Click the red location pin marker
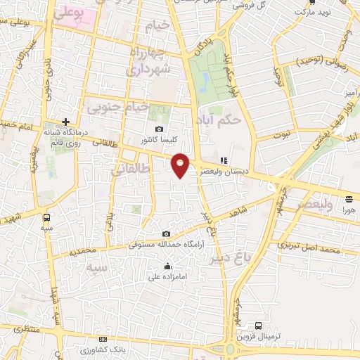(x=181, y=165)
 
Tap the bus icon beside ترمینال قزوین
(x=259, y=326)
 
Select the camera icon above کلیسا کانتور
(x=160, y=129)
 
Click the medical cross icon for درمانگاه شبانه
(x=65, y=122)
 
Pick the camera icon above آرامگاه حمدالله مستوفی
(x=166, y=234)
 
